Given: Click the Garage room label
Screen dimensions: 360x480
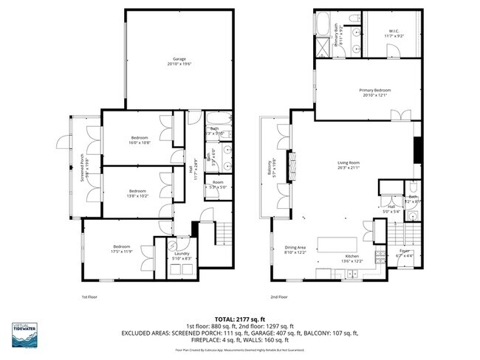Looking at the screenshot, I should tap(179, 61).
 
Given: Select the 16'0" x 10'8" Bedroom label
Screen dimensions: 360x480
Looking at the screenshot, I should tap(140, 140).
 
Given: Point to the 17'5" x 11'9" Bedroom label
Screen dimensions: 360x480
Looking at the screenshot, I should tap(122, 249).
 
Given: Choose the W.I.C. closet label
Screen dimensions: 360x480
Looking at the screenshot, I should tap(393, 34).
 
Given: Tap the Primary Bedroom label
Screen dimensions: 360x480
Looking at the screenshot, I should tap(374, 93).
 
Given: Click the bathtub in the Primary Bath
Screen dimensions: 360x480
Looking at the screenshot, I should tap(323, 24).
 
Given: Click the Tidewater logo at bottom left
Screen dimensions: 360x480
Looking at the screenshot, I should tap(25, 333).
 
